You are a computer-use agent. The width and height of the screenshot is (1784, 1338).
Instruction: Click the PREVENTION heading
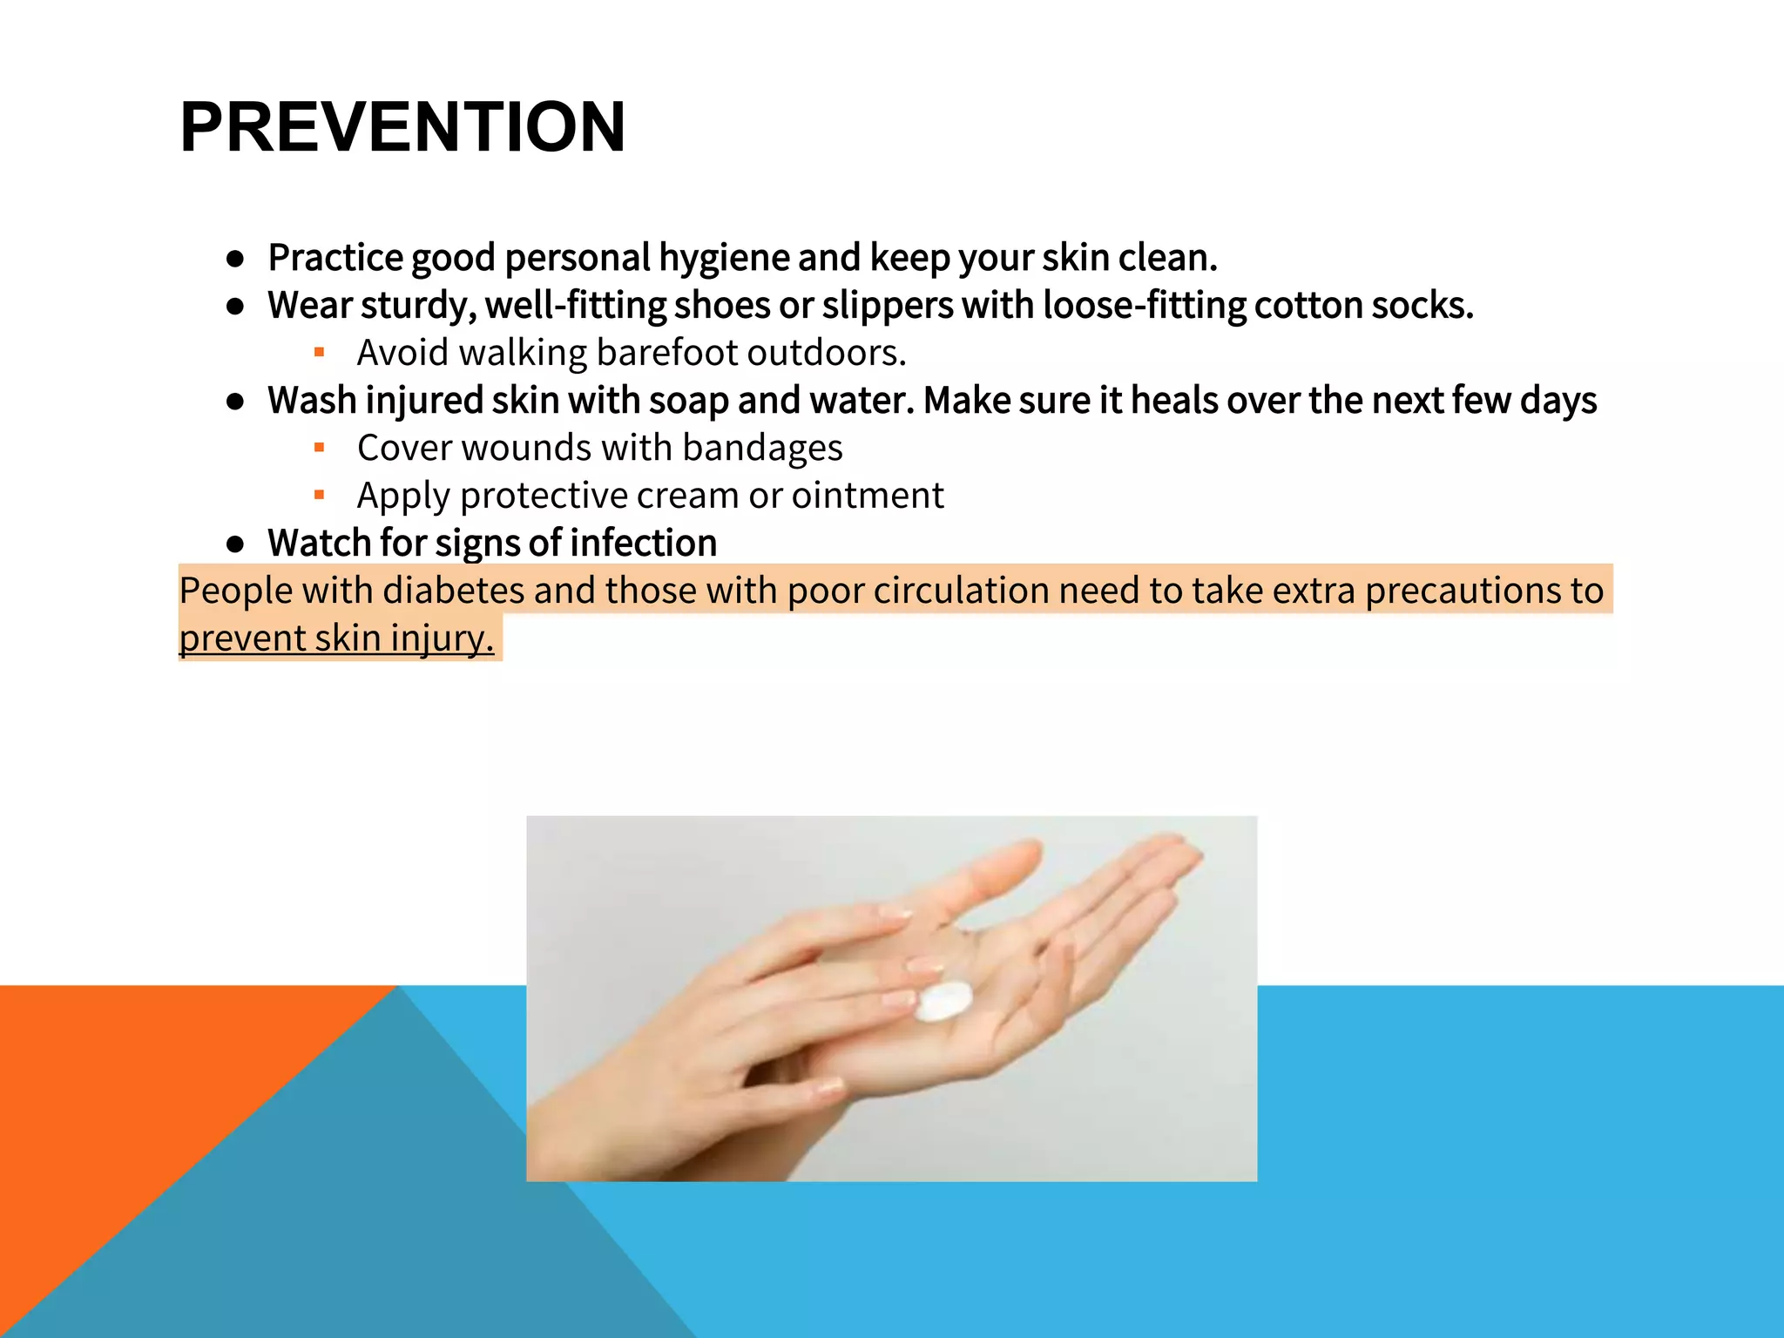pyautogui.click(x=402, y=127)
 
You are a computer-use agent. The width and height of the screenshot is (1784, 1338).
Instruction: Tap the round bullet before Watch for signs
pyautogui.click(x=234, y=544)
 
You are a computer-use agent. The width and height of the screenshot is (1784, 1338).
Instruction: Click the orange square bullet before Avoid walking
pyautogui.click(x=319, y=353)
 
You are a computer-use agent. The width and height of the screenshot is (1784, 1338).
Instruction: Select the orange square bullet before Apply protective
pyautogui.click(x=319, y=496)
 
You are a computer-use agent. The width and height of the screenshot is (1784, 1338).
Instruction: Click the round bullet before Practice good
pyautogui.click(x=234, y=259)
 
